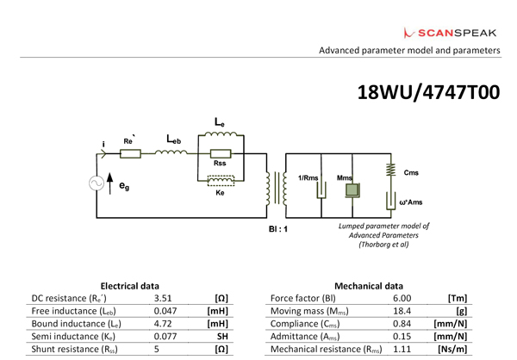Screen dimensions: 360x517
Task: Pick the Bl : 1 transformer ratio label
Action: coord(280,230)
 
